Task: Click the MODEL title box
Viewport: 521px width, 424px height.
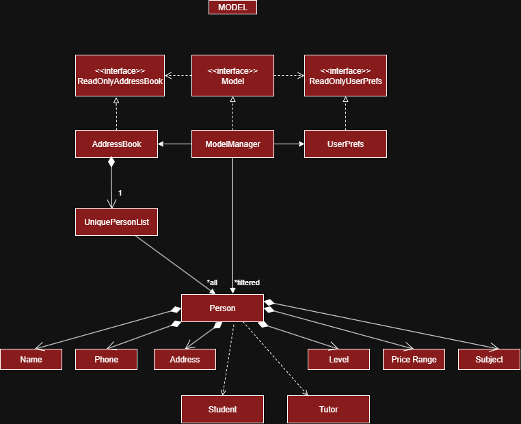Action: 232,8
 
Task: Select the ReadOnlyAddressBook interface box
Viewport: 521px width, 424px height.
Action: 120,75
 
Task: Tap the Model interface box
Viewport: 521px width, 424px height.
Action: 232,75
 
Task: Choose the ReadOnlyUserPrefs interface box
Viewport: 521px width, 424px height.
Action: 345,75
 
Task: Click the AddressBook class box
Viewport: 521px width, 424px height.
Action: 116,144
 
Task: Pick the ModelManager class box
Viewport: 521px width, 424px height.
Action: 232,144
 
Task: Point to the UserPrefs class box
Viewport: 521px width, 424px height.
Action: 345,144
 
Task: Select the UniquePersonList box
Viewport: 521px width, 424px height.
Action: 116,222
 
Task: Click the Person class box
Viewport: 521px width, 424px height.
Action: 222,308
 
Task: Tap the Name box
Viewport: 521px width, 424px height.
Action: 31,359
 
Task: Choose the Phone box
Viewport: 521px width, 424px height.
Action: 106,359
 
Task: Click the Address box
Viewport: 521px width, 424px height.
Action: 185,359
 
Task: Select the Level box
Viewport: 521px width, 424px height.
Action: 338,359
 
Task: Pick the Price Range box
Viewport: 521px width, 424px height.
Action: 414,359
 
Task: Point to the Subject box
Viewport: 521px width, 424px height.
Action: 489,359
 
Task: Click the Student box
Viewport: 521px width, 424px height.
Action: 222,409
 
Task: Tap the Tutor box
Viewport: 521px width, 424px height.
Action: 328,409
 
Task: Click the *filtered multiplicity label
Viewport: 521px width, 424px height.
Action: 247,282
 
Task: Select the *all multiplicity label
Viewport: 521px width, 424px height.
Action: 212,282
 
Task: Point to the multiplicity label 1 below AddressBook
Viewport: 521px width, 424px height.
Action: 120,193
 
